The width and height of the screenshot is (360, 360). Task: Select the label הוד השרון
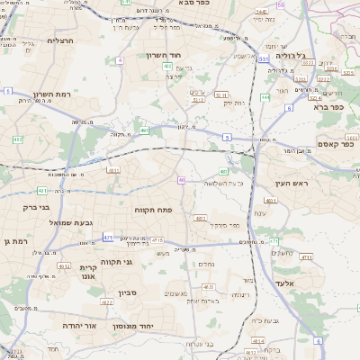166,55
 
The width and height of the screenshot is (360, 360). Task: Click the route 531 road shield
264,58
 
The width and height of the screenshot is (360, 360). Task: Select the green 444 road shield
265,97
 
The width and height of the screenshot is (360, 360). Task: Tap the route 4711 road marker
306,257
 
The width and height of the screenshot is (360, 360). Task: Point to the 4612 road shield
64,266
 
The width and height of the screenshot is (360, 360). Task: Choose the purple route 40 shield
181,180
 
